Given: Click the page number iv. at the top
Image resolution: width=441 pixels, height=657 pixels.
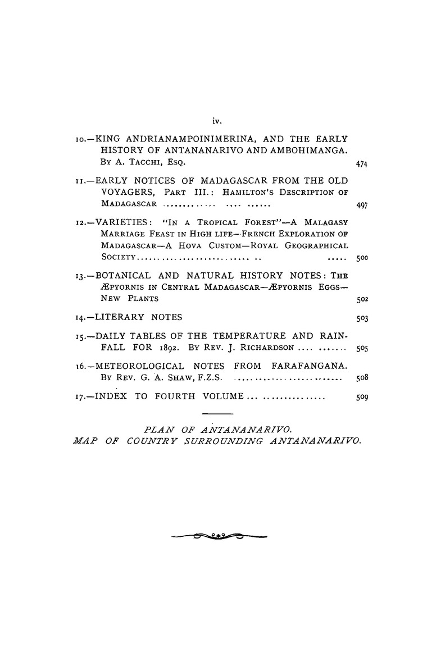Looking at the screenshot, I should (x=215, y=120).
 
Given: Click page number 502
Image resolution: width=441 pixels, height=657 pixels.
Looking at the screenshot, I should (x=361, y=299).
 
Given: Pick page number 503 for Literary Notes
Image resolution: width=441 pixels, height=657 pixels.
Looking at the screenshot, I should (x=361, y=318).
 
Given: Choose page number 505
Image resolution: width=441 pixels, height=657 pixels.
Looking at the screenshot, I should (x=361, y=349).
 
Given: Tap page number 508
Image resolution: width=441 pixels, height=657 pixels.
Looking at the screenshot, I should (x=361, y=378).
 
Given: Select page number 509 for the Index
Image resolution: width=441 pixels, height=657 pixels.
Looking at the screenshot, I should (x=361, y=399).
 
